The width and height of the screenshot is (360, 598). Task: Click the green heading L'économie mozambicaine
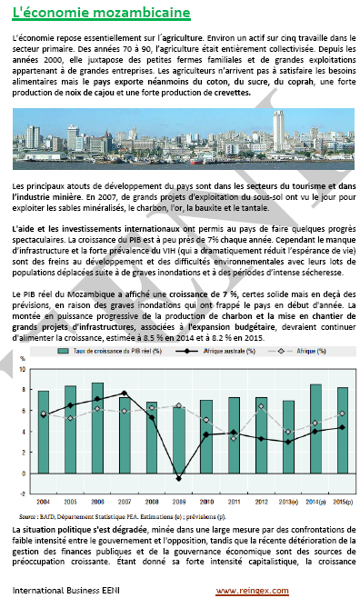(101, 13)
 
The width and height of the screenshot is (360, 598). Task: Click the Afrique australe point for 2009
(179, 478)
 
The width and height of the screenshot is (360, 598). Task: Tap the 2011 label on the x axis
(234, 501)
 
